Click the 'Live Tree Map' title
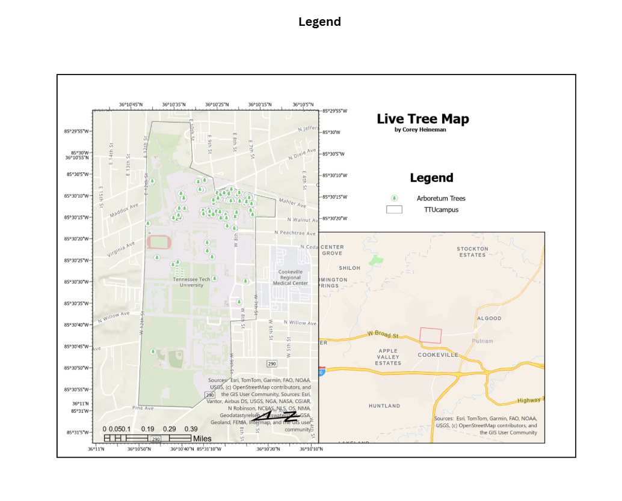coord(423,119)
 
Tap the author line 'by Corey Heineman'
coord(420,130)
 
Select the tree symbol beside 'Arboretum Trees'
coord(395,198)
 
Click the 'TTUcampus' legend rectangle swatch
coord(394,210)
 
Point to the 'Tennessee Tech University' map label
coord(192,282)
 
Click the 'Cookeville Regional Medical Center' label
coord(291,278)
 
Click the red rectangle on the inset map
coord(431,335)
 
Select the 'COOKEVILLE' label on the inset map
coord(438,355)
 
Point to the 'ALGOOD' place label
coord(488,318)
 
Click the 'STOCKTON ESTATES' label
coord(472,252)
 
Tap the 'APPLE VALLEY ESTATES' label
coord(388,357)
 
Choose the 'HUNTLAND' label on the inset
coord(384,406)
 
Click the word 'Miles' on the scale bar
coord(202,439)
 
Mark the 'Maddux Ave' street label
coord(125,210)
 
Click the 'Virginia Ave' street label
coord(122,249)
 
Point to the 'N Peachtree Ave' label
coord(295,232)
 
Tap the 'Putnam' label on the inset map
coord(482,341)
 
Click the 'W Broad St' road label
coord(383,335)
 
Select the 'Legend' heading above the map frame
coord(319,22)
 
